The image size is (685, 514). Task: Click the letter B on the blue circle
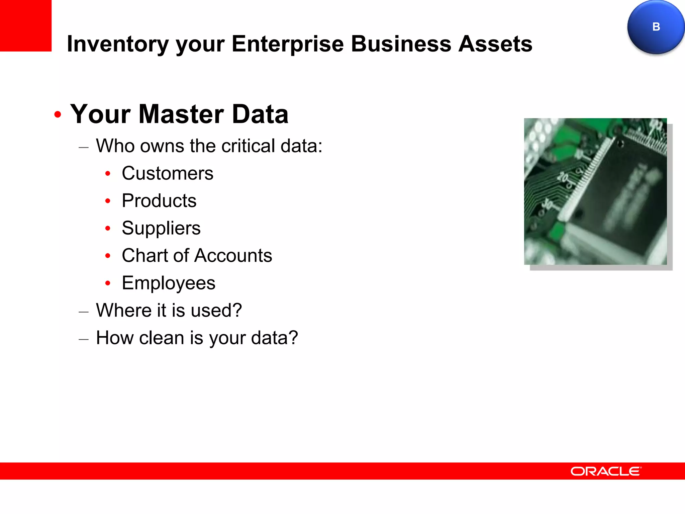pos(656,27)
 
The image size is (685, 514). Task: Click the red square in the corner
pos(25,25)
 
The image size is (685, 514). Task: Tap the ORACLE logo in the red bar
pos(606,471)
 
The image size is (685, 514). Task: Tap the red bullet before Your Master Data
pos(58,114)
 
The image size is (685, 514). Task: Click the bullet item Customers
pos(167,173)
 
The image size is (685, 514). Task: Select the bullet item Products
pos(159,201)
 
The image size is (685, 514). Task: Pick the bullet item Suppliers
pos(161,228)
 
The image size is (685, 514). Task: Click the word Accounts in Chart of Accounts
pos(233,256)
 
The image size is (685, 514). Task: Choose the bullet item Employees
pos(168,283)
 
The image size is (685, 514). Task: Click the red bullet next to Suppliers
pos(108,229)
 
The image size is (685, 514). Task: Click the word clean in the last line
pos(161,338)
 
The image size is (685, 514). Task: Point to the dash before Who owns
pos(84,147)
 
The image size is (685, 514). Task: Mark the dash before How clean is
pos(84,339)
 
